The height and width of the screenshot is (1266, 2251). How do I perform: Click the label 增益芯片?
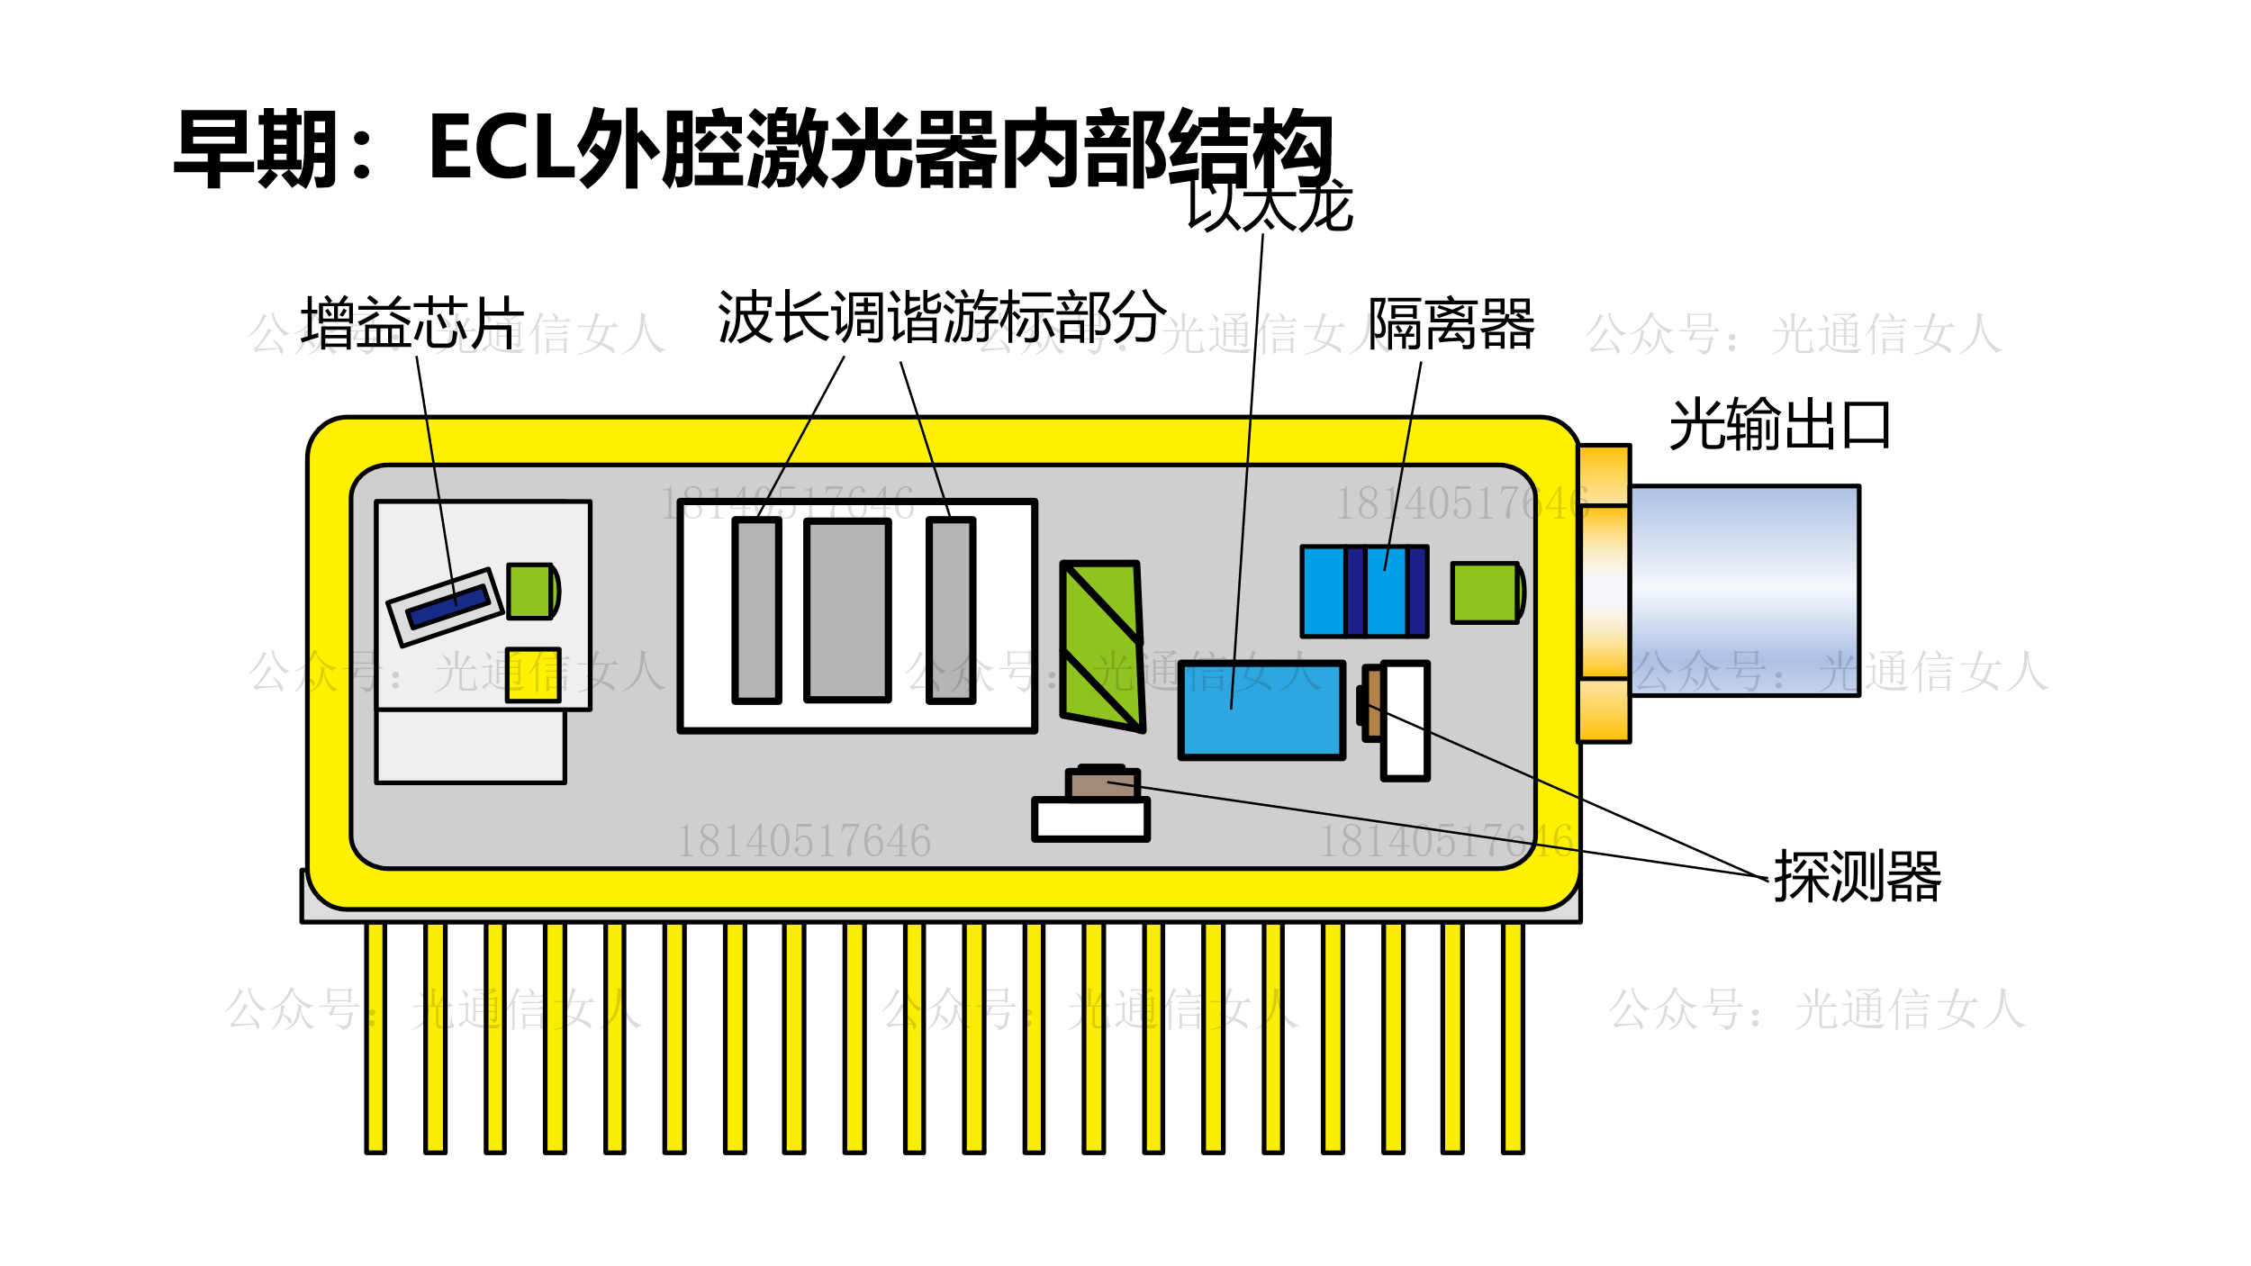[411, 322]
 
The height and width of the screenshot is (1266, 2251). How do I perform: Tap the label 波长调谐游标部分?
[941, 317]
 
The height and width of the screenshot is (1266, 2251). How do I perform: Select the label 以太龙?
[1270, 205]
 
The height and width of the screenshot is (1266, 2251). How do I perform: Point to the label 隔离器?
[1451, 324]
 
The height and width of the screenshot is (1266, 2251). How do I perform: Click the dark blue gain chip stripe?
[447, 607]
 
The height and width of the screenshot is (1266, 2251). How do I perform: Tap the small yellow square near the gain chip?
[533, 674]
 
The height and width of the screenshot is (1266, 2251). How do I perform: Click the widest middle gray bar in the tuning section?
[847, 610]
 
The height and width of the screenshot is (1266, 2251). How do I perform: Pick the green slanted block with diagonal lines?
[1102, 645]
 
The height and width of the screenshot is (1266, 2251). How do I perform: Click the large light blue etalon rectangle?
[1261, 710]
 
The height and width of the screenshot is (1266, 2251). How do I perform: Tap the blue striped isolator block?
[1364, 592]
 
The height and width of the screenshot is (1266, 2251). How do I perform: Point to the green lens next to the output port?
[1487, 592]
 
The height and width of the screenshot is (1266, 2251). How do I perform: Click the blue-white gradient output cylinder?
[1744, 591]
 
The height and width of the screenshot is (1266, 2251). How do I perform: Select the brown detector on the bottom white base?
[1102, 784]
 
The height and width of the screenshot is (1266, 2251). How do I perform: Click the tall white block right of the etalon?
[1405, 720]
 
